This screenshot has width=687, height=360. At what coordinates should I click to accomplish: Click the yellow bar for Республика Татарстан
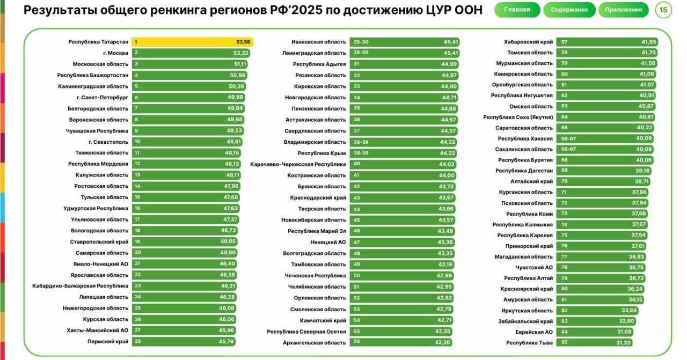[x=192, y=42]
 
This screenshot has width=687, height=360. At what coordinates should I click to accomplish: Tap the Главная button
[x=516, y=10]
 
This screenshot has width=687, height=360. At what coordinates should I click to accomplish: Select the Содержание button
[x=569, y=10]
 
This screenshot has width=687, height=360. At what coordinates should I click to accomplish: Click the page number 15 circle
[x=663, y=10]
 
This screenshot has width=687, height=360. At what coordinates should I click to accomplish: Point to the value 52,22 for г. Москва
[x=241, y=53]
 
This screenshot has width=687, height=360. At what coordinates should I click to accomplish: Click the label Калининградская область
[x=93, y=86]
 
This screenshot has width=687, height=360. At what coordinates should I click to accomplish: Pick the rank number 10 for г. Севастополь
[x=137, y=142]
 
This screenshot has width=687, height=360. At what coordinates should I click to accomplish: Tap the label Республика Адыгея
[x=319, y=64]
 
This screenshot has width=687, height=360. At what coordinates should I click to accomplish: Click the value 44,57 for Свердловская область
[x=449, y=131]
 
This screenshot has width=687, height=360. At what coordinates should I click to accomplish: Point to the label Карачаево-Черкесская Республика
[x=298, y=164]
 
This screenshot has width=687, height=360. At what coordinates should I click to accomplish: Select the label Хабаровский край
[x=528, y=42]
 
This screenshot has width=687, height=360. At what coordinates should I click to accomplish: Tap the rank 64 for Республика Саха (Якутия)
[x=564, y=117]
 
